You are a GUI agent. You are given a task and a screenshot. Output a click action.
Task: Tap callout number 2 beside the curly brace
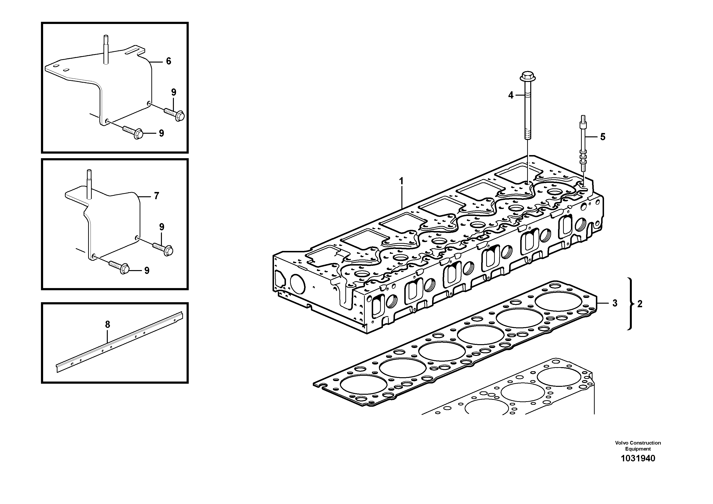click(x=640, y=304)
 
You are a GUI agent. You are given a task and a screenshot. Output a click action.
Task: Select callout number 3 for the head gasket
click(x=615, y=303)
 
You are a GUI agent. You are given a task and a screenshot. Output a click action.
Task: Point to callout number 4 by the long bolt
click(x=511, y=95)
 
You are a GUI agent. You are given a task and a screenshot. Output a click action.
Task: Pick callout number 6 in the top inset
click(x=168, y=61)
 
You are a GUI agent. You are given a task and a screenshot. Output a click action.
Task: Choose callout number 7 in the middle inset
click(x=156, y=196)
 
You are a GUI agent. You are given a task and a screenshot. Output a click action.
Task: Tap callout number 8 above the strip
click(x=108, y=325)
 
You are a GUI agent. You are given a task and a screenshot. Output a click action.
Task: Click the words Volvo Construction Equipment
click(x=638, y=446)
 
